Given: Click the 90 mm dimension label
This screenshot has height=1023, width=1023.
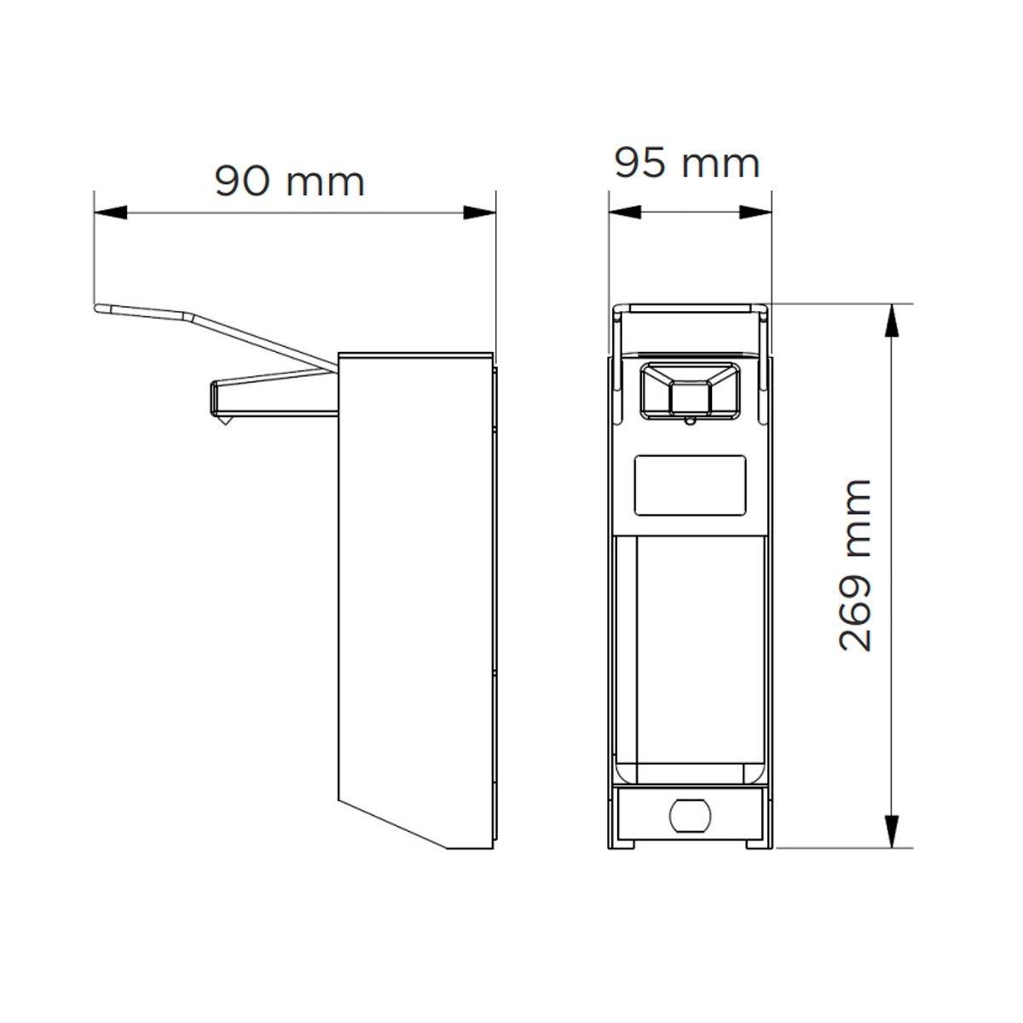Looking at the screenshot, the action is (x=289, y=181).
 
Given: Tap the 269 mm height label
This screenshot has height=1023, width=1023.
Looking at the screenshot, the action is (x=855, y=565).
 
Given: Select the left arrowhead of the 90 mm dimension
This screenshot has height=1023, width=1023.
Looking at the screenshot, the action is (x=111, y=212).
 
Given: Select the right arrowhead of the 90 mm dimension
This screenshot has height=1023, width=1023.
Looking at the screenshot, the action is (x=479, y=212).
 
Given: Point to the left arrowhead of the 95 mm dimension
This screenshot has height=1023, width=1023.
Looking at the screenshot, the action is (x=625, y=212).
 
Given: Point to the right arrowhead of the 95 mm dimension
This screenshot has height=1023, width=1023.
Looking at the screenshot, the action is (x=755, y=212).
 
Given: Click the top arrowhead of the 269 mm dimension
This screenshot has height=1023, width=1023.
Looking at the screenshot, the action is (x=892, y=321).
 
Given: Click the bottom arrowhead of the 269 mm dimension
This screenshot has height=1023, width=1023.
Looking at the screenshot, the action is (x=892, y=831).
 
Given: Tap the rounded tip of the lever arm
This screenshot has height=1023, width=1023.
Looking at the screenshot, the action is (x=99, y=308).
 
